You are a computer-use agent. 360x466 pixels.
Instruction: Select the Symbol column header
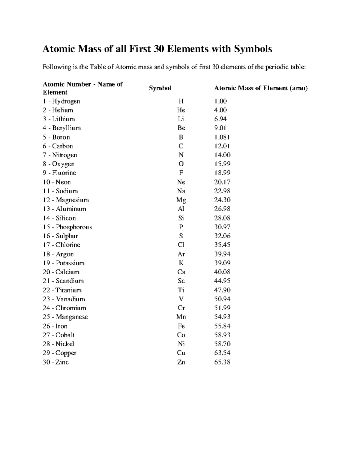[x=160, y=88]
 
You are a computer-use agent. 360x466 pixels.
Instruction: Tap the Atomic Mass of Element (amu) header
[x=261, y=88]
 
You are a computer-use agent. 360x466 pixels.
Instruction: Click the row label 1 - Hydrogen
[x=61, y=101]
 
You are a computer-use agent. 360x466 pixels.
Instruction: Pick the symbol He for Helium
[x=181, y=110]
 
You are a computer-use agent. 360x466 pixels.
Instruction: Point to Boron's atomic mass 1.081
[x=222, y=137]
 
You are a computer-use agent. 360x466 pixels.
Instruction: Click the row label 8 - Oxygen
[x=58, y=164]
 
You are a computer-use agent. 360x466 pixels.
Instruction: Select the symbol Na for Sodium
[x=181, y=191]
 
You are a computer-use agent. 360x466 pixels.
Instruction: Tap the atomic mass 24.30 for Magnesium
[x=222, y=200]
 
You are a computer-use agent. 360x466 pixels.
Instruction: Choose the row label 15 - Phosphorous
[x=67, y=227]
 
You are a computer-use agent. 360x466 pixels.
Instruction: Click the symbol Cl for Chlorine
[x=181, y=245]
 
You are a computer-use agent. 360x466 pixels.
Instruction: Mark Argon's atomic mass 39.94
[x=222, y=254]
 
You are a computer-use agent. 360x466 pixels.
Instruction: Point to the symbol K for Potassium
[x=181, y=263]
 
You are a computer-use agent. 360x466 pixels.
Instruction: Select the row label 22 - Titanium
[x=62, y=290]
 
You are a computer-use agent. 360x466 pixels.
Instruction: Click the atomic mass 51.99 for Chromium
[x=222, y=308]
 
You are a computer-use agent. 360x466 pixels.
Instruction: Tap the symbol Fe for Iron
[x=181, y=326]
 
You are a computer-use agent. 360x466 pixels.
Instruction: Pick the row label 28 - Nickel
[x=58, y=344]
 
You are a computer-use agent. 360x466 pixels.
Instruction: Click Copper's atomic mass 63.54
[x=222, y=353]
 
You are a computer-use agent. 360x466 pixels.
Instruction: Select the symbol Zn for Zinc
[x=181, y=362]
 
